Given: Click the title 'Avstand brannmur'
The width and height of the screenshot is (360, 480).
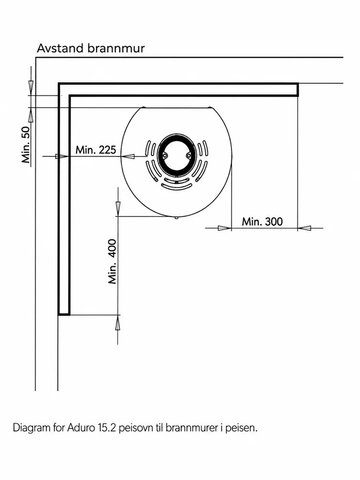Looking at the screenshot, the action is pyautogui.click(x=90, y=48).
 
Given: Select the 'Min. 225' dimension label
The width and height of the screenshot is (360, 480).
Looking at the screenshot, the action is pyautogui.click(x=96, y=150).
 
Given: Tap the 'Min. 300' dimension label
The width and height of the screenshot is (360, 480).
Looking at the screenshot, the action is pyautogui.click(x=262, y=222).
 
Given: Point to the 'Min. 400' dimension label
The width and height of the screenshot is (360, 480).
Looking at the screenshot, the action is pyautogui.click(x=112, y=262).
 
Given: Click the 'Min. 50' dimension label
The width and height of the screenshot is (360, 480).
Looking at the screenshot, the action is pyautogui.click(x=26, y=145).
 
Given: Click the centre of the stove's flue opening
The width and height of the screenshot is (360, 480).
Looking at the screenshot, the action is pyautogui.click(x=176, y=156).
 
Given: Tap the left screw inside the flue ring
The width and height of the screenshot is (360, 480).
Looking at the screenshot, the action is pyautogui.click(x=165, y=156).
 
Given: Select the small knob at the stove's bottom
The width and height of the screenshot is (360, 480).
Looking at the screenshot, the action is pyautogui.click(x=176, y=217).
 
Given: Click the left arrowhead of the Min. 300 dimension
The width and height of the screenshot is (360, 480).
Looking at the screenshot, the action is pyautogui.click(x=225, y=228).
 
